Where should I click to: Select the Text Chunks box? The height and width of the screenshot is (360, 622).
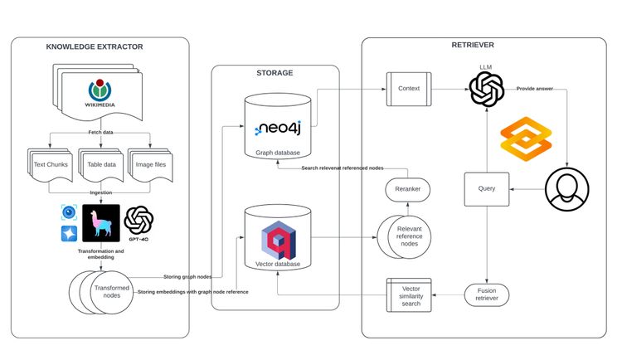pyautogui.click(x=51, y=164)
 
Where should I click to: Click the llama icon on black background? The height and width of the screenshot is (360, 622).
pyautogui.click(x=100, y=223)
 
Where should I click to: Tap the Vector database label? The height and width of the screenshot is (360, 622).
pyautogui.click(x=277, y=265)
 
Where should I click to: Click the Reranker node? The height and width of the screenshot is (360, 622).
pyautogui.click(x=406, y=189)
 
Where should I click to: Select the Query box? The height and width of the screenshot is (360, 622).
pyautogui.click(x=487, y=188)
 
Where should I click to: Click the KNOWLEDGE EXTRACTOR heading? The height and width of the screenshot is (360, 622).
pyautogui.click(x=94, y=46)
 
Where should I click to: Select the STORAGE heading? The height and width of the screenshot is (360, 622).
pyautogui.click(x=275, y=74)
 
